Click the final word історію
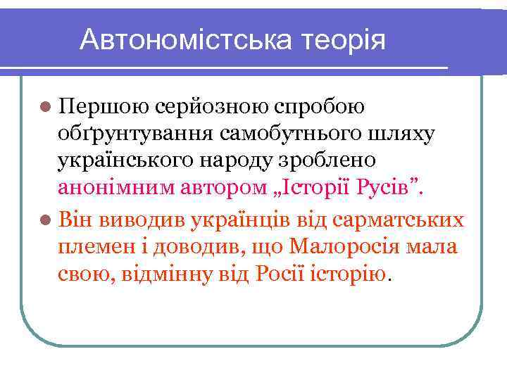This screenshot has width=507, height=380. pyautogui.click(x=351, y=273)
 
